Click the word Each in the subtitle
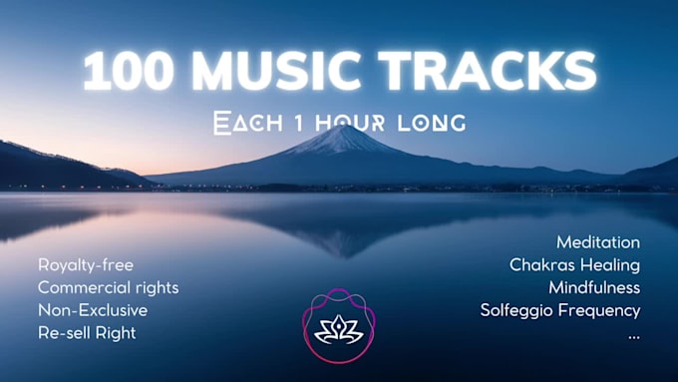243,124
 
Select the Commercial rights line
108,287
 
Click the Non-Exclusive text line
92,310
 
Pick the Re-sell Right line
87,333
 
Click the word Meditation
597,242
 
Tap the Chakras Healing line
574,265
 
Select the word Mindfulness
593,287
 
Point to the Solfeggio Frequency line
559,310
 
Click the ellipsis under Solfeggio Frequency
633,335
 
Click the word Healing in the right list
609,265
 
